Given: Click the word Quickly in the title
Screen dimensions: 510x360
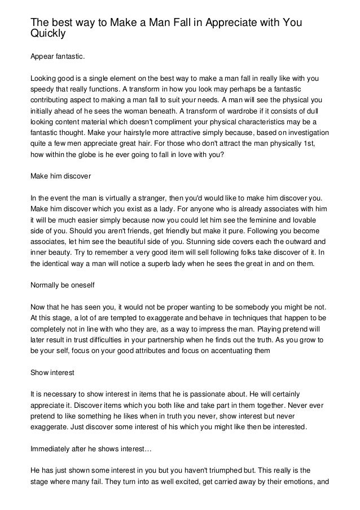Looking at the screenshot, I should (x=48, y=33).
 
